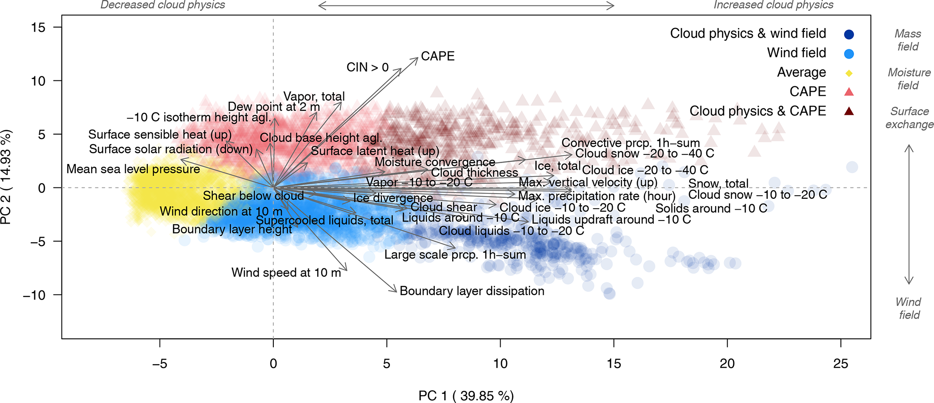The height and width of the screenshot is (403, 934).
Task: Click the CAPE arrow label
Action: point(437,56)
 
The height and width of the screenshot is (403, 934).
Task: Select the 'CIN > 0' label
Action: point(367,68)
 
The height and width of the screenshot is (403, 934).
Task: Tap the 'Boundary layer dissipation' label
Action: point(472,291)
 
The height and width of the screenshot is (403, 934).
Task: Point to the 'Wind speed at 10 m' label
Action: point(286,273)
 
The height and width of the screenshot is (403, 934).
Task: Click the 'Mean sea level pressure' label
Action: point(133,169)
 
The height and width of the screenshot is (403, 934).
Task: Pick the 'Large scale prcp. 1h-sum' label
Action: point(455,255)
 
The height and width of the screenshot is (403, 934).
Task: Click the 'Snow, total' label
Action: point(718,184)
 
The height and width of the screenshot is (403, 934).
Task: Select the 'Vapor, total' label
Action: point(314,97)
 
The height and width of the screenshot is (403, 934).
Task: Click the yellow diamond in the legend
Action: point(849,73)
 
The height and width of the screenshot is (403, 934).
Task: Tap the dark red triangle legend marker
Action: point(849,111)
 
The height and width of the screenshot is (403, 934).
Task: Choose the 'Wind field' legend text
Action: point(796,53)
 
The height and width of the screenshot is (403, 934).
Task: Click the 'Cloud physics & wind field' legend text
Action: point(748,33)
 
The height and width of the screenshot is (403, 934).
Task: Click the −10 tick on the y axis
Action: point(34,295)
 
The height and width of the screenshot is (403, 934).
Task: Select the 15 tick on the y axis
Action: point(38,28)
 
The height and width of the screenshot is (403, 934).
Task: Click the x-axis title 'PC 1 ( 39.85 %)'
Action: point(466,396)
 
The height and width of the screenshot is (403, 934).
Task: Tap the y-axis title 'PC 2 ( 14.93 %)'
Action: point(6,177)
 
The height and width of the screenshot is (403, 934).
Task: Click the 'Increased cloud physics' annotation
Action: point(774,5)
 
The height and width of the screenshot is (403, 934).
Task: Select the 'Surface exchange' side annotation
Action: point(909,118)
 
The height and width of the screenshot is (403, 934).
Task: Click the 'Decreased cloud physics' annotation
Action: point(163,5)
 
